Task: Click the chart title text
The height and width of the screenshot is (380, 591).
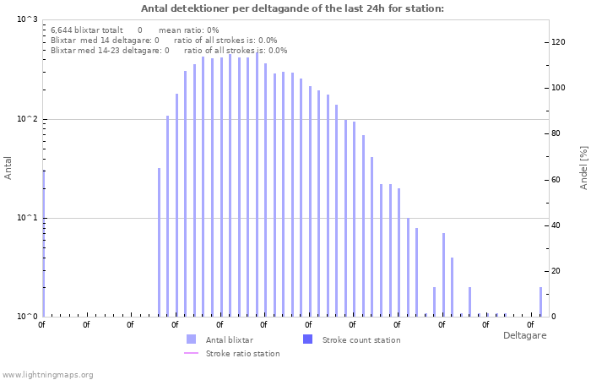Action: (x=292, y=9)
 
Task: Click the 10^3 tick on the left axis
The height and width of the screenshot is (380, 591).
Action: (x=27, y=19)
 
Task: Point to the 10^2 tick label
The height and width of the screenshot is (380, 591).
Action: (x=27, y=119)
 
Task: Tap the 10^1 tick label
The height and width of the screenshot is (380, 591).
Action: (x=27, y=218)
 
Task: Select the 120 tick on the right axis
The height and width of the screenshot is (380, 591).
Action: (x=557, y=42)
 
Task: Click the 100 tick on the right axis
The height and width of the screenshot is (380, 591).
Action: (x=557, y=88)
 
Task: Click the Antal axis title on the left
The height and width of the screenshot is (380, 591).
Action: (x=8, y=168)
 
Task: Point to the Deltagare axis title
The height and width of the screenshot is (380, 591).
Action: (x=524, y=335)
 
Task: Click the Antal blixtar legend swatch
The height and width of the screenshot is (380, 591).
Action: (x=191, y=339)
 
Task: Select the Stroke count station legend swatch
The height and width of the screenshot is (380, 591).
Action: (x=307, y=339)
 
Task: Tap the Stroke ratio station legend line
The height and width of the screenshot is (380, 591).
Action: (x=191, y=353)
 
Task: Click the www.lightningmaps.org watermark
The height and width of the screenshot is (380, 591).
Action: (x=47, y=374)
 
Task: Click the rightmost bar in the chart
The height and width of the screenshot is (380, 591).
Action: (x=540, y=301)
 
